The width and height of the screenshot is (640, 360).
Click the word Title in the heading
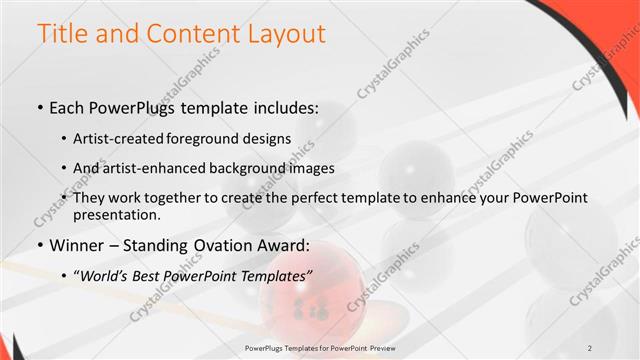coord(62,33)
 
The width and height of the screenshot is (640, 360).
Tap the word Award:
coord(286,245)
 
